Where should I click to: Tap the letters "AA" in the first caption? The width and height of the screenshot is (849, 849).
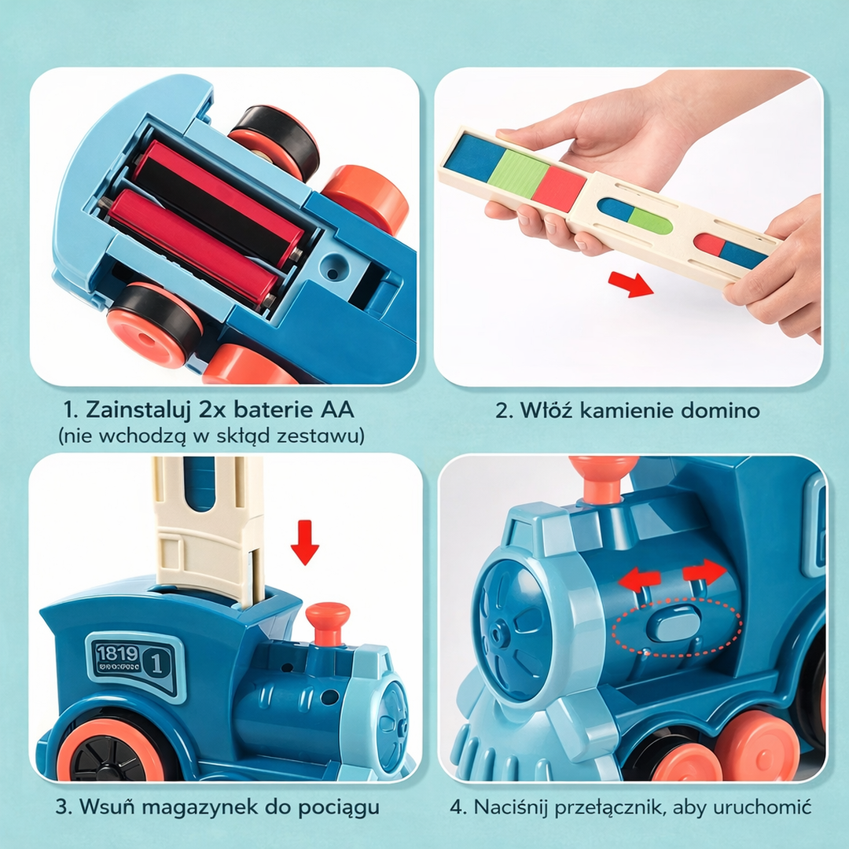click(338, 410)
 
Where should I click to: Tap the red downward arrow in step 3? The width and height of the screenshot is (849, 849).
click(305, 542)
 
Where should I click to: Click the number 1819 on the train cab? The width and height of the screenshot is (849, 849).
click(117, 653)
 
